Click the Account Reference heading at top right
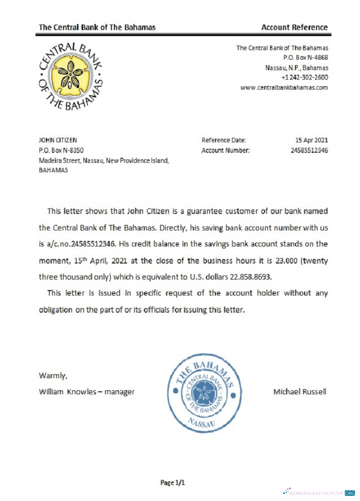pos(294,27)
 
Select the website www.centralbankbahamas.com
pos(284,88)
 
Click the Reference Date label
pos(224,140)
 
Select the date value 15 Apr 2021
pos(312,140)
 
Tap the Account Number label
pos(225,150)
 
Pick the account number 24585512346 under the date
pos(309,150)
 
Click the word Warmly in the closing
pos(52,375)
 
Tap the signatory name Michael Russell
pos(300,391)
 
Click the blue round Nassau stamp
pos(203,393)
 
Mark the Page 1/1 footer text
pos(173,482)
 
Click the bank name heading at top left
pos(97,27)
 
